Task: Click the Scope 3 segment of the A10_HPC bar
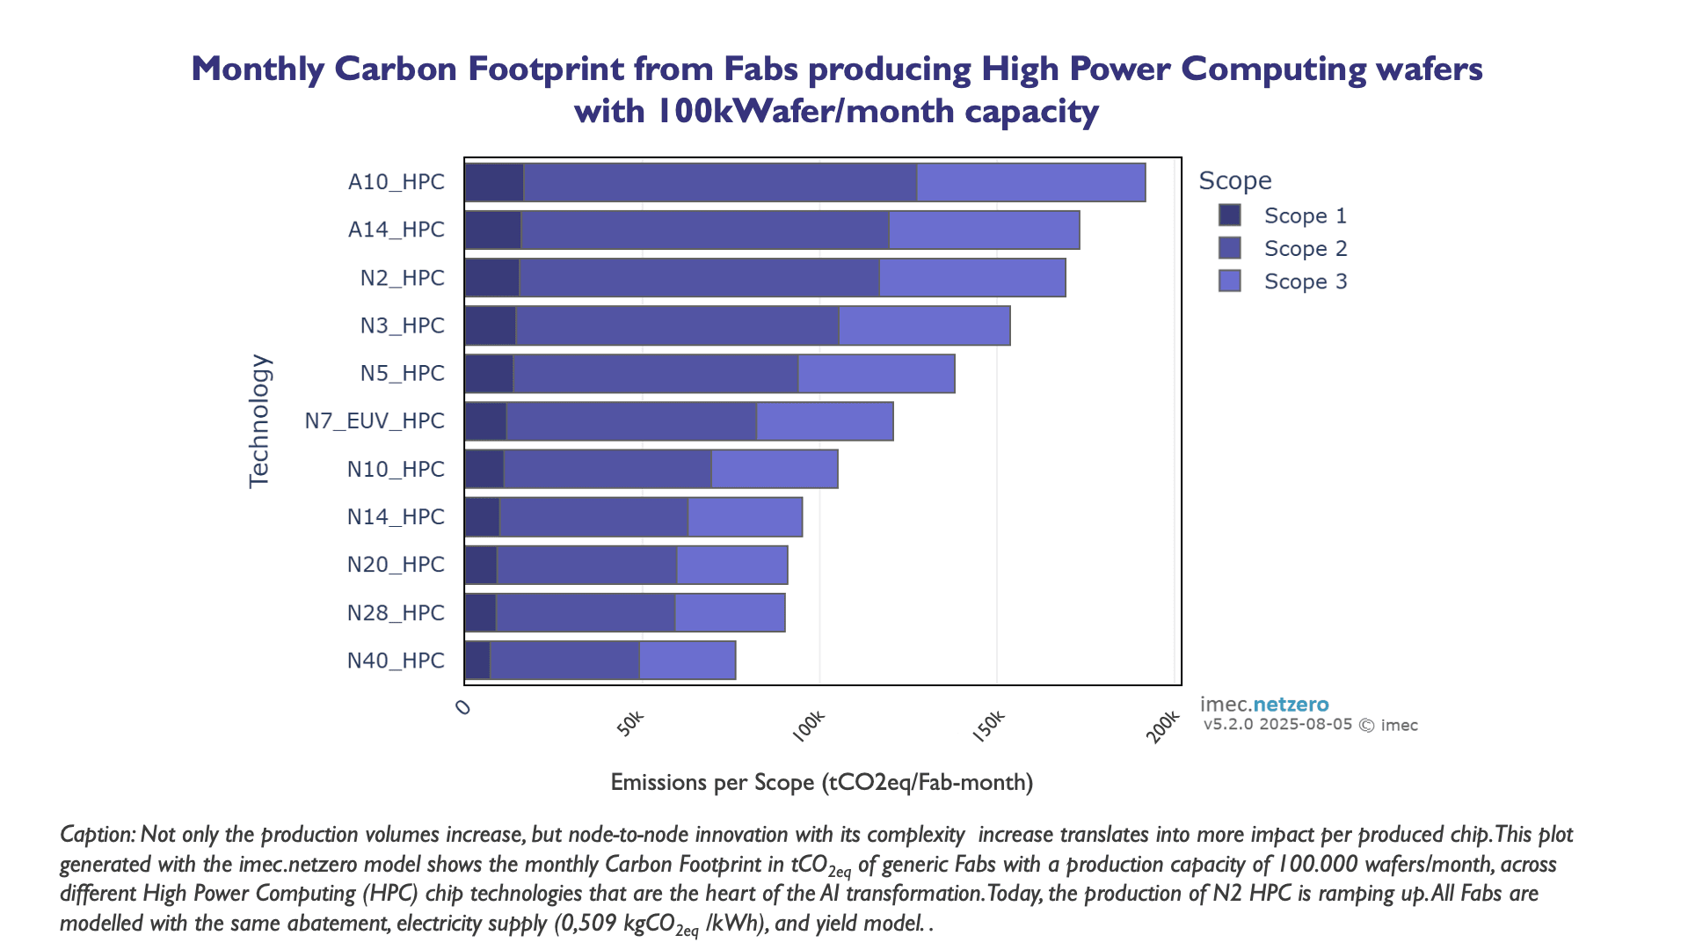pyautogui.click(x=1030, y=182)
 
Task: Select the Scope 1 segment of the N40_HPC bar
pyautogui.click(x=477, y=661)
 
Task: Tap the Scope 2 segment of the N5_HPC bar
pyautogui.click(x=655, y=373)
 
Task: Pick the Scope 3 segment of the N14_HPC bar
pyautogui.click(x=745, y=517)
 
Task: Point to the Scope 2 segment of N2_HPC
pyautogui.click(x=699, y=278)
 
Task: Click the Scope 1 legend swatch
pyautogui.click(x=1229, y=216)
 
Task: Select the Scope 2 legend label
pyautogui.click(x=1305, y=249)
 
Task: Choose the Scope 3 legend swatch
pyautogui.click(x=1229, y=281)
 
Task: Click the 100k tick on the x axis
pyautogui.click(x=809, y=726)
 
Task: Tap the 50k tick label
pyautogui.click(x=630, y=724)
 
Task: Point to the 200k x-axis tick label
pyautogui.click(x=1163, y=727)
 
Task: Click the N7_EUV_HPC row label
pyautogui.click(x=375, y=421)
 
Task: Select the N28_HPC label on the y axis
pyautogui.click(x=396, y=613)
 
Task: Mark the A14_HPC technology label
pyautogui.click(x=397, y=230)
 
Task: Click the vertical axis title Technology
pyautogui.click(x=259, y=420)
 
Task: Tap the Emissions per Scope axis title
pyautogui.click(x=821, y=782)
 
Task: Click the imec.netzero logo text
pyautogui.click(x=1263, y=705)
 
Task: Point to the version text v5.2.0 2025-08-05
pyautogui.click(x=1277, y=725)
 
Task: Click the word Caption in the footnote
pyautogui.click(x=95, y=834)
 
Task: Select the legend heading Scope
pyautogui.click(x=1234, y=180)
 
